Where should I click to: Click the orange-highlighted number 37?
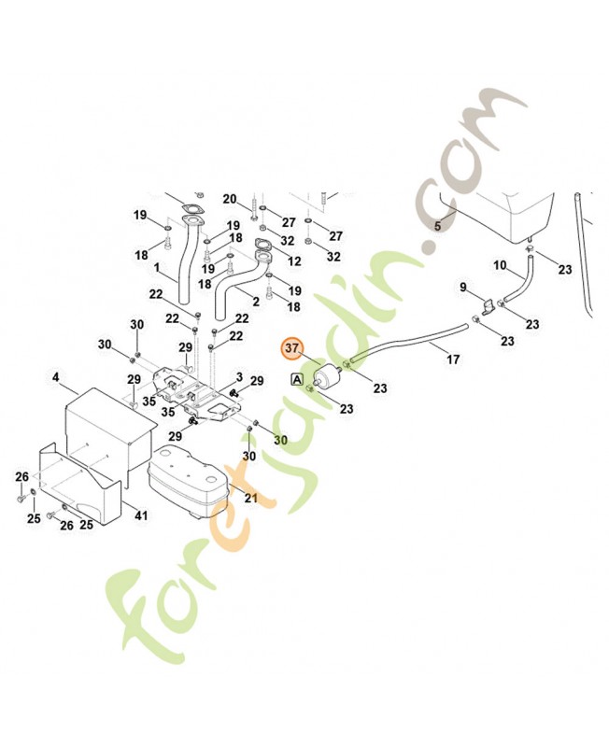click(x=292, y=349)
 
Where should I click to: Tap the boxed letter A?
click(x=297, y=379)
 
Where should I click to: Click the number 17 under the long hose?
click(x=453, y=359)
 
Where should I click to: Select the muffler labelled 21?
click(x=187, y=481)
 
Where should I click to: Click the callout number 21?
click(x=250, y=499)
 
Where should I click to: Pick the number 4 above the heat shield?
click(x=56, y=378)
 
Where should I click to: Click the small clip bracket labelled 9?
click(x=488, y=304)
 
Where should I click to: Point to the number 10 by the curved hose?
click(x=500, y=265)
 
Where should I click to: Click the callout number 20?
click(x=230, y=199)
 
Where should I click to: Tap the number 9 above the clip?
click(x=461, y=286)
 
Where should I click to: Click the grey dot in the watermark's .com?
click(x=429, y=248)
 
